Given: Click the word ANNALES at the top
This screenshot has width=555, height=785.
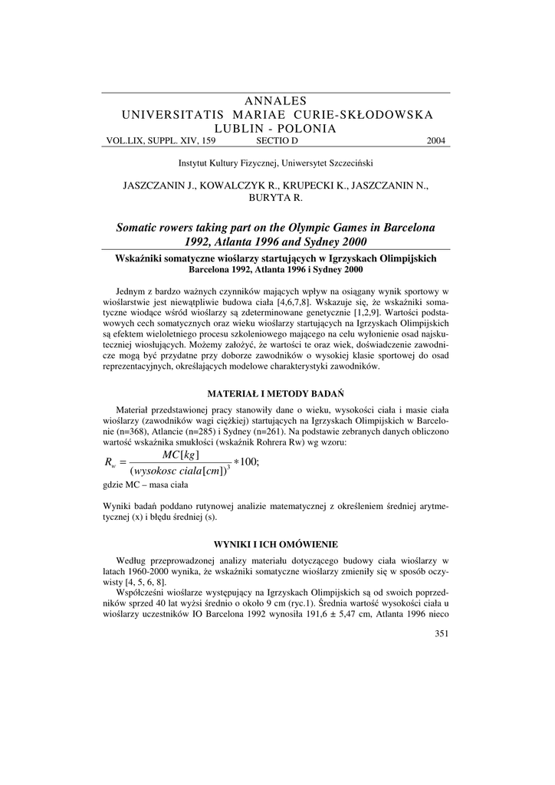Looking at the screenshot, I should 277,101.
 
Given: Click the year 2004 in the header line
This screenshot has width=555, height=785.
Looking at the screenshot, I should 435,141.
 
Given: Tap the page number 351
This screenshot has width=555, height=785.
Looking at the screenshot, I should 441,632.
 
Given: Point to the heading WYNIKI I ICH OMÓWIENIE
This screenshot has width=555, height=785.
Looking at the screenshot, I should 277,544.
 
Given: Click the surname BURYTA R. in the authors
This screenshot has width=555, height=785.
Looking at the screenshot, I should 277,198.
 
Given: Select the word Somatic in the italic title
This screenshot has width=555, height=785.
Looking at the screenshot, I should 141,228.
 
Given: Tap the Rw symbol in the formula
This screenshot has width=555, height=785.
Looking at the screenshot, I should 110,462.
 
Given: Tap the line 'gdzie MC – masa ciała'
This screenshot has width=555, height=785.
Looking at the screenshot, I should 142,485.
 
